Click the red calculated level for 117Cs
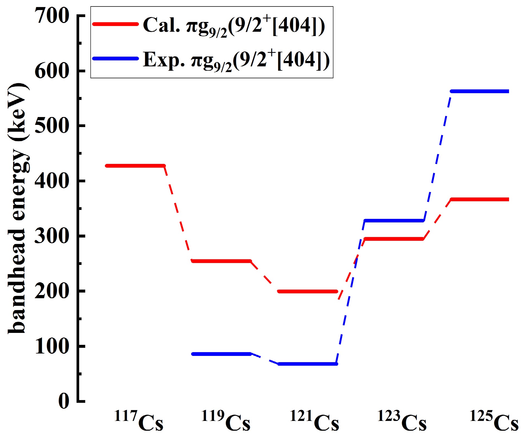coord(135,166)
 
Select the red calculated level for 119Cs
coord(221,261)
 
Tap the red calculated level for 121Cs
coord(307,291)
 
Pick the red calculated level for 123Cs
coord(394,239)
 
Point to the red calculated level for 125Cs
coord(480,199)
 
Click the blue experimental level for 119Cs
coord(221,354)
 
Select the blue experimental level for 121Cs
coord(307,364)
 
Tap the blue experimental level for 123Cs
coord(394,220)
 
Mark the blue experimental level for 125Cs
coord(480,91)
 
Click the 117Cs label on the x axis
coord(139,421)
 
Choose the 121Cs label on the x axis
coord(314,421)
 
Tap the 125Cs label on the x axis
coord(494,421)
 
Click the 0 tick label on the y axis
coord(64,401)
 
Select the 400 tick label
coord(52,181)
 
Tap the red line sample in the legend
coord(115,24)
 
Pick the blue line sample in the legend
coord(115,59)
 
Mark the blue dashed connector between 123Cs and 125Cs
coord(437,157)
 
